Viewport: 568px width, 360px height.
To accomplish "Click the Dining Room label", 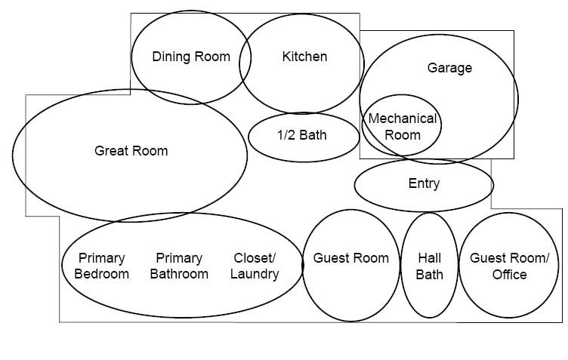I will [x=191, y=57].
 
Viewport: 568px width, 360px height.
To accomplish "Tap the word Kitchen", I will [x=304, y=57].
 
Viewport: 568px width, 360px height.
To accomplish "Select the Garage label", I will [x=449, y=68].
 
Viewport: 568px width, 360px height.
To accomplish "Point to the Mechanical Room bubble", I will [x=402, y=126].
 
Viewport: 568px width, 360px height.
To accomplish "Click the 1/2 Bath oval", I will [x=303, y=137].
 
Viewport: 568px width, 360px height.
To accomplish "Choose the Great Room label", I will [x=131, y=151].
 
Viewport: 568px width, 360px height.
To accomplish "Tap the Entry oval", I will [x=424, y=184].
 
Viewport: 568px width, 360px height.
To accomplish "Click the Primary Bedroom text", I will [x=101, y=266].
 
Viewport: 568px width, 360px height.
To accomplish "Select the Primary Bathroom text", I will [x=179, y=266].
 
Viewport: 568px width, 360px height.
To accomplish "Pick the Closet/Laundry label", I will [x=255, y=266].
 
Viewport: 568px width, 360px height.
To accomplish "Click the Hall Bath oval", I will [x=430, y=266].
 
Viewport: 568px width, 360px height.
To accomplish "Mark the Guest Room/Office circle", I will [x=509, y=266].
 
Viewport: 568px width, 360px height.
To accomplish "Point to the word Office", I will [x=509, y=274].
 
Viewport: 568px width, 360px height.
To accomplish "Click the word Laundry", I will [x=255, y=274].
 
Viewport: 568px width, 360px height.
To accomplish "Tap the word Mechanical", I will [x=402, y=118].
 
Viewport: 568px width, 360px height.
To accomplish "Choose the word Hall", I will [x=430, y=258].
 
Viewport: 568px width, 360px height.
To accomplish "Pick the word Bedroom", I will [x=101, y=274].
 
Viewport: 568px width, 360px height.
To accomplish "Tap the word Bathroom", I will [x=179, y=274].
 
